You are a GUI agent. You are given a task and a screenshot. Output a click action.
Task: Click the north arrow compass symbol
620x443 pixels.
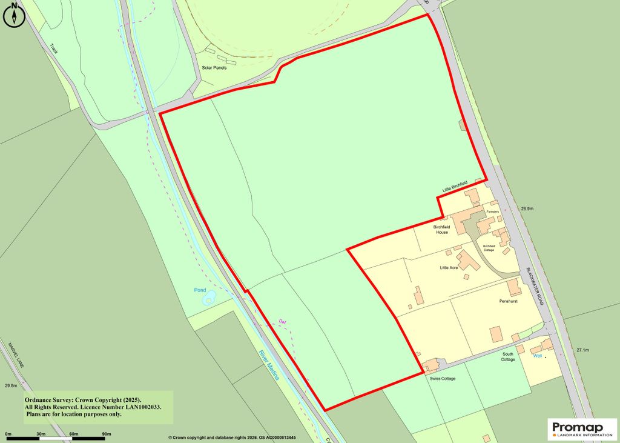[13, 15]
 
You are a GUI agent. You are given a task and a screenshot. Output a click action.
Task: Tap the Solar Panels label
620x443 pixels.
[214, 67]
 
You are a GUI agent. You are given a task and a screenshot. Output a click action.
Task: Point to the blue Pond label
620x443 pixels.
[200, 290]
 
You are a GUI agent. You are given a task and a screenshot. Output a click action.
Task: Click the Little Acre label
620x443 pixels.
[449, 267]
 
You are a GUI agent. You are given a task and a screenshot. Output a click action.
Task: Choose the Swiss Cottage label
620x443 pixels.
[442, 379]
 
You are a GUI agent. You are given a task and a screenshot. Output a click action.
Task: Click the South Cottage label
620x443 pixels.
[508, 356]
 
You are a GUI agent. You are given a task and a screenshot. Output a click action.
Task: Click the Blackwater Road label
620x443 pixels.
[535, 286]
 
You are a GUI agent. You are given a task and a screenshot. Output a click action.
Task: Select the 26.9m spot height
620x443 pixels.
[527, 208]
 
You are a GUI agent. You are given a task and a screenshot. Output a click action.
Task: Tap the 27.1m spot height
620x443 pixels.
[582, 350]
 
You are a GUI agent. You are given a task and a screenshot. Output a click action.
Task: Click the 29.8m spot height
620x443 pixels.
[10, 385]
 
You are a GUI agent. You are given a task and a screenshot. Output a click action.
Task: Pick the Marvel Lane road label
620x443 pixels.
[15, 357]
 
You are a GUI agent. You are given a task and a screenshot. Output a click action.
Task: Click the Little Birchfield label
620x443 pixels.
[455, 189]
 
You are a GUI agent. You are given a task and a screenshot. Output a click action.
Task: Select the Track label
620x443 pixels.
[56, 48]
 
